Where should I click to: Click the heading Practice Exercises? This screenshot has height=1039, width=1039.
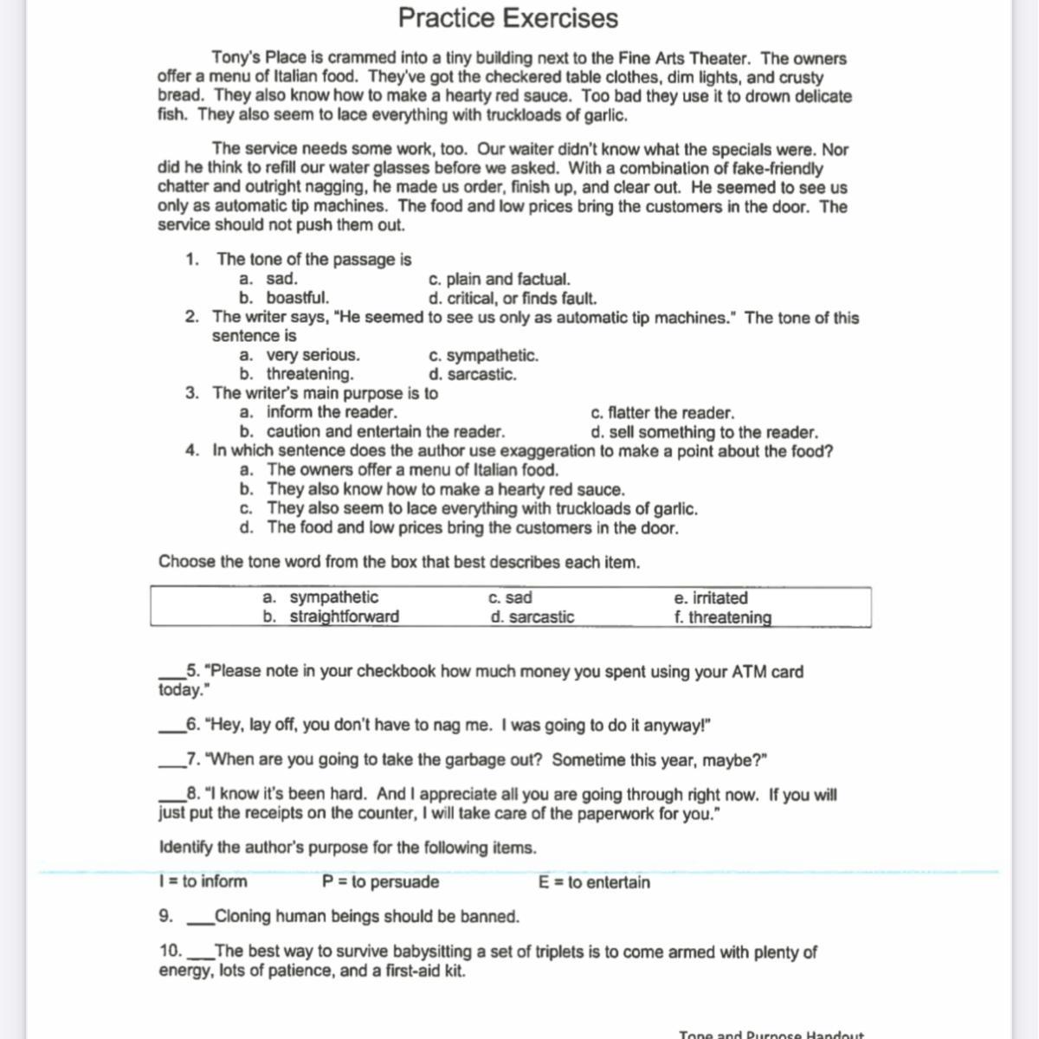(x=508, y=18)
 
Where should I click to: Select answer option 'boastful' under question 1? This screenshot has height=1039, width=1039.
(x=297, y=298)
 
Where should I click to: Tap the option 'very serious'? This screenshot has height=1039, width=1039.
(x=313, y=355)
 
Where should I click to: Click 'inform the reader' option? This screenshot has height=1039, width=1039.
(x=332, y=412)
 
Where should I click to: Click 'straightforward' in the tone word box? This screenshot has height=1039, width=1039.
(x=344, y=616)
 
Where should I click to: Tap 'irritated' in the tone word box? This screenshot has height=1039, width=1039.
(x=711, y=597)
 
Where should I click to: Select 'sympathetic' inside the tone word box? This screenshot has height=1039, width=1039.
(x=333, y=597)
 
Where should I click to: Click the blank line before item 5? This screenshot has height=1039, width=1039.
(x=171, y=676)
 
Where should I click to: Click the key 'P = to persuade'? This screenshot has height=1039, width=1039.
(x=380, y=882)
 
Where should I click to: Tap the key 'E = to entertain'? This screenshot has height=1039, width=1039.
(x=594, y=882)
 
